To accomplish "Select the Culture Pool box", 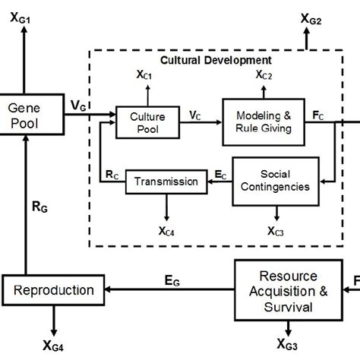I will [142, 122].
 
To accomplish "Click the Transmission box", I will [166, 181].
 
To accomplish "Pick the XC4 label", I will [166, 231].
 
